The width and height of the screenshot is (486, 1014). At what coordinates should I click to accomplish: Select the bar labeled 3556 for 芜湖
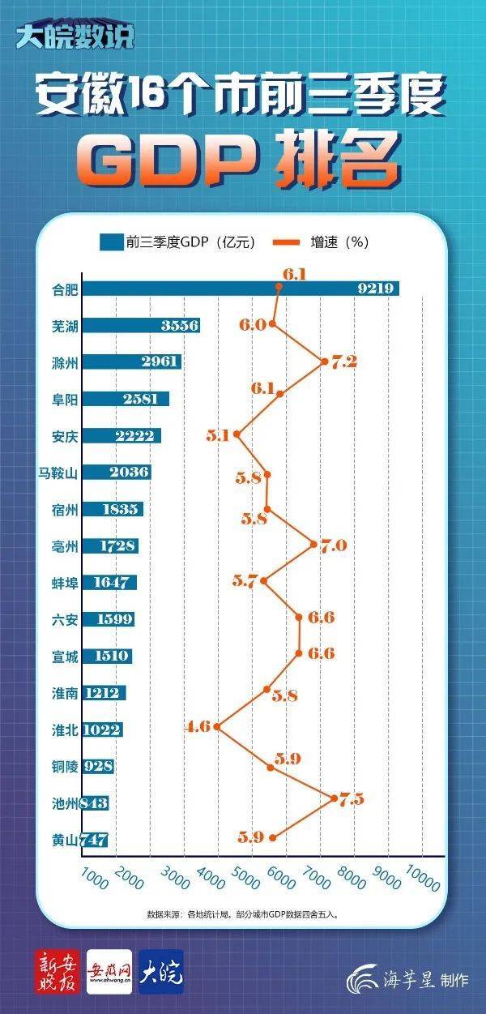pos(142,325)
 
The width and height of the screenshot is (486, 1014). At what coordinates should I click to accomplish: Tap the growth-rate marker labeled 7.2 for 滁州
pos(325,362)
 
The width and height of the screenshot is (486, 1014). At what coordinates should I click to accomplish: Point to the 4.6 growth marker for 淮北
pos(216,727)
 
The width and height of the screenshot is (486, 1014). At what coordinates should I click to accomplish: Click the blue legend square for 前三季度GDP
pos(110,242)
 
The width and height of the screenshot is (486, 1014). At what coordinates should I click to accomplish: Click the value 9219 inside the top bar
pos(376,289)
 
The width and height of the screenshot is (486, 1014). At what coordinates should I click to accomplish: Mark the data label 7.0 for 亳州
pos(333,546)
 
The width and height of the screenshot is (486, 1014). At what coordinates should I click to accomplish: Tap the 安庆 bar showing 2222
pos(122,435)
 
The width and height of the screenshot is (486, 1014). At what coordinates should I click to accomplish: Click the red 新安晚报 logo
pos(58,971)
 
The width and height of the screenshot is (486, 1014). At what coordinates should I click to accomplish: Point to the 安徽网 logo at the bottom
pos(109,971)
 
